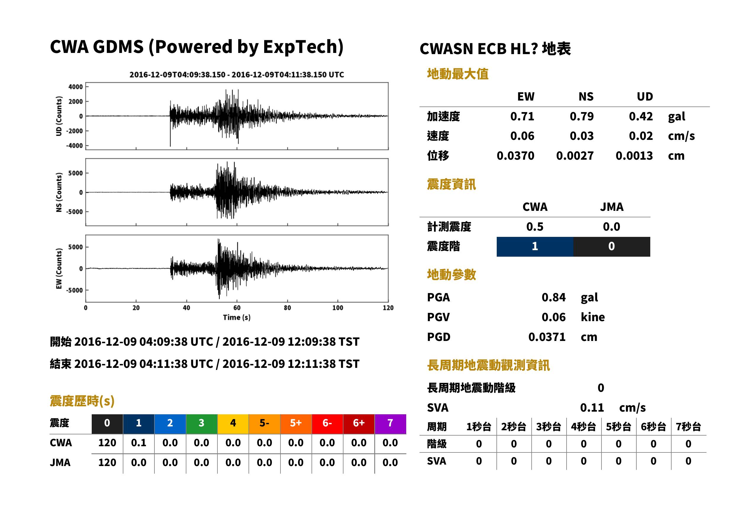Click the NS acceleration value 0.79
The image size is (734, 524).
[581, 116]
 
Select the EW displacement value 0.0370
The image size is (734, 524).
[515, 156]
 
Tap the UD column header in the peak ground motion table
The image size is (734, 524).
[645, 96]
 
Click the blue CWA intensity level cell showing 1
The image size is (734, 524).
[535, 247]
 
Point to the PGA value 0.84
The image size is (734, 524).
[554, 297]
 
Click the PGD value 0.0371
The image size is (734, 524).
[547, 337]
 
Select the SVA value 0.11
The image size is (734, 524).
[592, 407]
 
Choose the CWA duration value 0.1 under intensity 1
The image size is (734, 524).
[138, 443]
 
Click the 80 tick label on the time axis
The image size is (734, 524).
[287, 308]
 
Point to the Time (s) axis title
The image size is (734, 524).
[237, 318]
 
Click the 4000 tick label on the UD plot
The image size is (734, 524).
[75, 87]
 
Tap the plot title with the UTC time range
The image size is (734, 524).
[237, 75]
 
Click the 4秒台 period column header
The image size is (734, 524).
[583, 427]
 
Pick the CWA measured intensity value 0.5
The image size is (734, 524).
[535, 227]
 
